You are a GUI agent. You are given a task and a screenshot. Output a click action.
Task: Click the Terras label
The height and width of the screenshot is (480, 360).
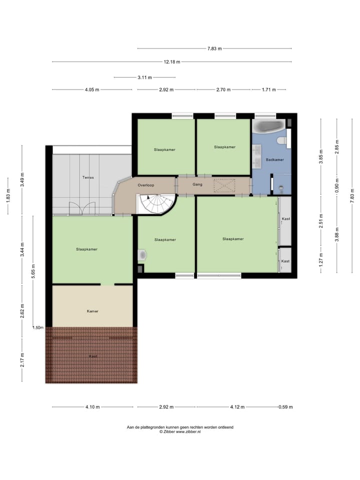tap(88, 177)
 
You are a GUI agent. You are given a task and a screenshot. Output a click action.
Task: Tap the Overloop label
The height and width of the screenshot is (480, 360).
tap(146, 185)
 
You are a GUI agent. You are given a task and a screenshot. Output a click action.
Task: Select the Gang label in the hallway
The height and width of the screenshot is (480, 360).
tap(197, 184)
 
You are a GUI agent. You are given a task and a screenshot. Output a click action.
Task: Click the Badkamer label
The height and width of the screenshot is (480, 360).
tap(275, 160)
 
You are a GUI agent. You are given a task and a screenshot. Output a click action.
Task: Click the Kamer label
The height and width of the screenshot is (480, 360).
tap(92, 311)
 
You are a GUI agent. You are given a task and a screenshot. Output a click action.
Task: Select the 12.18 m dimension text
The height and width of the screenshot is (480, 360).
tap(171, 62)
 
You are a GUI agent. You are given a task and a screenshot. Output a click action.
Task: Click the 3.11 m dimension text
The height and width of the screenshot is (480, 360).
tap(144, 77)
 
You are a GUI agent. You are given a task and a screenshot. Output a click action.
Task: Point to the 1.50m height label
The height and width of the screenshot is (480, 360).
tap(37, 327)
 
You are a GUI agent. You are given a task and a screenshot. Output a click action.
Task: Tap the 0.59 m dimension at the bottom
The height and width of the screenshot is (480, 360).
tap(285, 407)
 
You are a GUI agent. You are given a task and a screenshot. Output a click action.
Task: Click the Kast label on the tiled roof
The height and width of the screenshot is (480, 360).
tap(92, 356)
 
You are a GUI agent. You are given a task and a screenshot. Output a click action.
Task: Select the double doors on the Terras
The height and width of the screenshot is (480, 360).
tap(82, 208)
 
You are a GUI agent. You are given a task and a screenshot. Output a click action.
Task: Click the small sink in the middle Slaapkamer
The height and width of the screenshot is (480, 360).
tap(142, 255)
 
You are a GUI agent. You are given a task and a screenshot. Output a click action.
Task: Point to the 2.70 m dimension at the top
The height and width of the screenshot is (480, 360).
tap(223, 90)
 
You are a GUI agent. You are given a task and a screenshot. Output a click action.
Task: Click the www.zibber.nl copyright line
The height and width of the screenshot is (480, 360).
tap(180, 431)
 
